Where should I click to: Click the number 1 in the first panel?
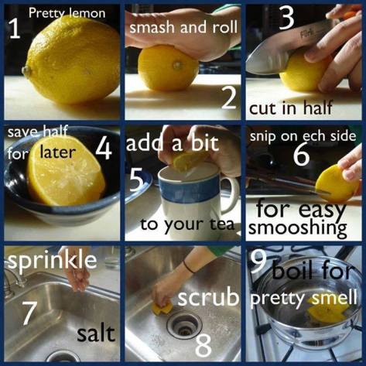tap(13, 29)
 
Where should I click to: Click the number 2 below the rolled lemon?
tap(227, 98)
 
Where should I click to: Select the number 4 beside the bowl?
tap(104, 149)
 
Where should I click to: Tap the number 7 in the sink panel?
tap(29, 312)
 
